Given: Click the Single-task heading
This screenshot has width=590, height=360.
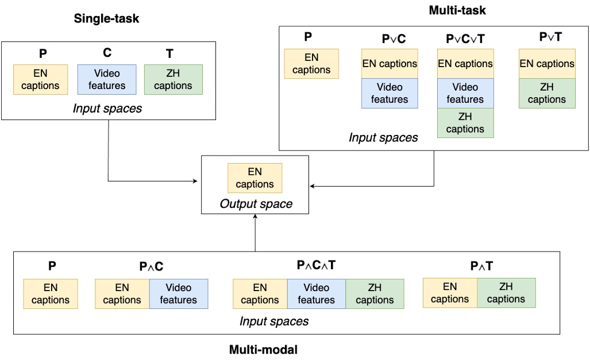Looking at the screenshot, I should [x=106, y=19].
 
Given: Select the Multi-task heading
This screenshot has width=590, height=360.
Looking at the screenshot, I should [x=457, y=10].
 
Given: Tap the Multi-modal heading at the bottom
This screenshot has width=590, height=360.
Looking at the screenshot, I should [x=263, y=349].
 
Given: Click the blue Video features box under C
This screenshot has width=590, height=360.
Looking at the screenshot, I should [x=107, y=79].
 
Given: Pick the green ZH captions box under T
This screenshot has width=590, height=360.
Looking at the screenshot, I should [x=173, y=79].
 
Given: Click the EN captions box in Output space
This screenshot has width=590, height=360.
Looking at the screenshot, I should [x=254, y=178].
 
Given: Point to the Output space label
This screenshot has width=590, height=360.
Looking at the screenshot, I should [x=256, y=204].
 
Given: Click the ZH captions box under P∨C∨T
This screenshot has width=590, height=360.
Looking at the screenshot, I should [x=465, y=123].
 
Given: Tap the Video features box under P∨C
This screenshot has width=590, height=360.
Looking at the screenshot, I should [x=390, y=93].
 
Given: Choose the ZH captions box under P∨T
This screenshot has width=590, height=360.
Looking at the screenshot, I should [x=546, y=93].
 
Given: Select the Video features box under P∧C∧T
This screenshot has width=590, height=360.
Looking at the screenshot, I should [x=317, y=293].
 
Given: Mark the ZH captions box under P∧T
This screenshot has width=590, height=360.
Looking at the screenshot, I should [x=506, y=293].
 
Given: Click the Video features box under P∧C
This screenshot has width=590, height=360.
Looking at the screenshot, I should [x=179, y=293].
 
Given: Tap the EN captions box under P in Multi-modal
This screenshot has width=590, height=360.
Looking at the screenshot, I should [x=50, y=293].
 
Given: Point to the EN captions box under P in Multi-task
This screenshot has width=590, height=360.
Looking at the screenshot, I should [x=311, y=64].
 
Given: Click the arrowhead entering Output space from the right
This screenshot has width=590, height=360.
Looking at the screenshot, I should [x=313, y=186].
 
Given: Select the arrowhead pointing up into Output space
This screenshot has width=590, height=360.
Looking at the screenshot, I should [x=254, y=219].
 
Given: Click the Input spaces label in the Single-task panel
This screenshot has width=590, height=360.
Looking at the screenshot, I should [x=107, y=108].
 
